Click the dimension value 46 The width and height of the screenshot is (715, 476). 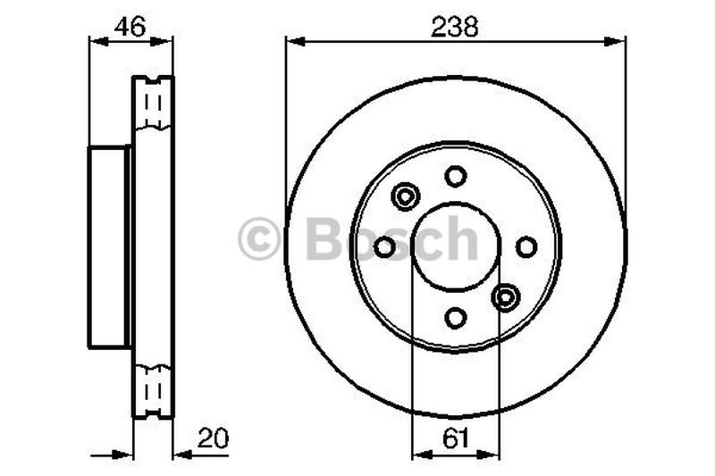click(130, 26)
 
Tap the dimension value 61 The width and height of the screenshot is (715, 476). click(455, 438)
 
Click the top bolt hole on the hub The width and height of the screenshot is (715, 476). click(456, 176)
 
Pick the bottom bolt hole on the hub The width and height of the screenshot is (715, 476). click(456, 317)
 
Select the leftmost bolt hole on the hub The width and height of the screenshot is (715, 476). click(385, 246)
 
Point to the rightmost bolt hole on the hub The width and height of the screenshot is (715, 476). click(526, 246)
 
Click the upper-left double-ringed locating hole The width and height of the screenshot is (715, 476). click(406, 196)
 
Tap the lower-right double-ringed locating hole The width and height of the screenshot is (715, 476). click(506, 296)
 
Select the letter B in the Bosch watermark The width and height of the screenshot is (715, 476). click(323, 239)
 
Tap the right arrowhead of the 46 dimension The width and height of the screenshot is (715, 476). click(167, 39)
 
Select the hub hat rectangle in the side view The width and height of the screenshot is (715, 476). click(109, 246)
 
